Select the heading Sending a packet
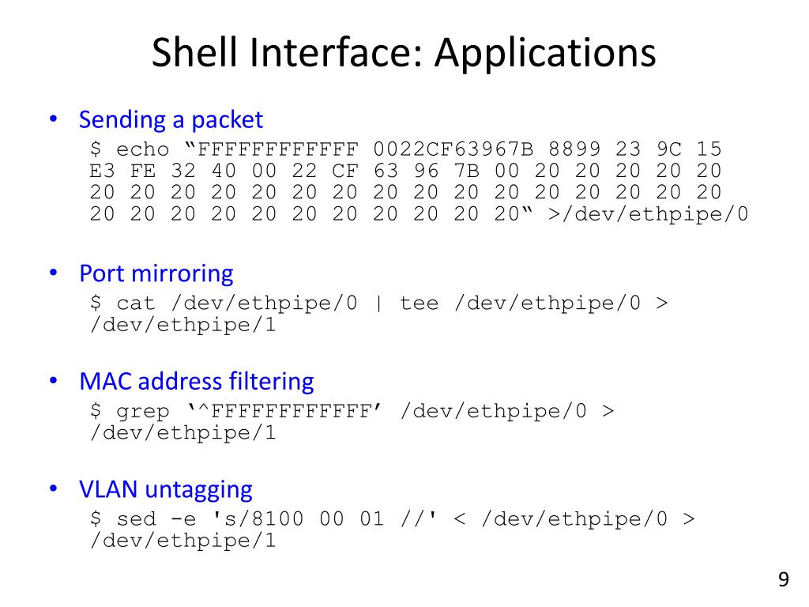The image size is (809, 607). click(x=171, y=120)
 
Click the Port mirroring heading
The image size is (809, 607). click(x=156, y=274)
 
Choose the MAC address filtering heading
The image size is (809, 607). click(x=197, y=382)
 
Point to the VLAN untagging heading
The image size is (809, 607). click(x=166, y=489)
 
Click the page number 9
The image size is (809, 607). click(x=783, y=580)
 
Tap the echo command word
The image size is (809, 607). click(x=143, y=149)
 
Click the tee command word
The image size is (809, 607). click(x=420, y=303)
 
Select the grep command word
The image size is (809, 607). click(x=143, y=411)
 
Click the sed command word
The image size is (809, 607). click(x=137, y=519)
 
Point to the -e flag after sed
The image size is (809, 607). click(x=177, y=519)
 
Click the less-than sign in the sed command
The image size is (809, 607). click(x=460, y=519)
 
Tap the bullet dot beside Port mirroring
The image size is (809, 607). click(x=53, y=274)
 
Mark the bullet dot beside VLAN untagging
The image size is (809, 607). click(x=53, y=489)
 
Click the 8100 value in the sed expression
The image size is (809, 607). click(x=279, y=519)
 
